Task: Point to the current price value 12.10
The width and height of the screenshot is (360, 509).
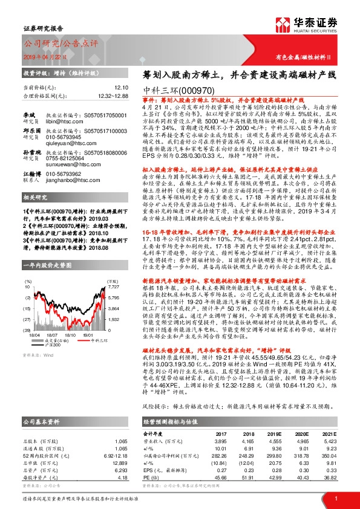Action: tap(122, 88)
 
